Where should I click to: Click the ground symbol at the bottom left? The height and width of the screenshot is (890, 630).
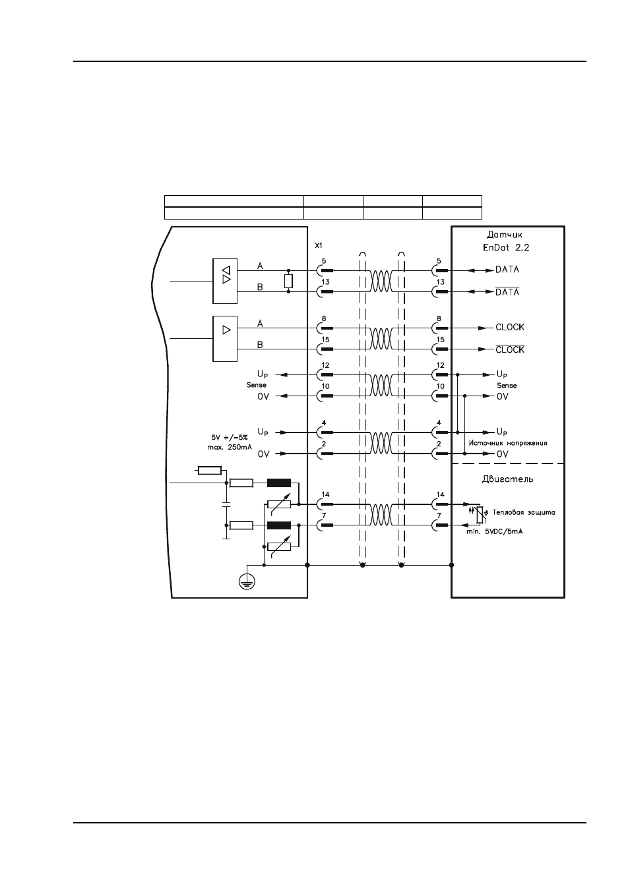pyautogui.click(x=247, y=583)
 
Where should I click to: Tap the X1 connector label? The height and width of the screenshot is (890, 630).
pyautogui.click(x=319, y=245)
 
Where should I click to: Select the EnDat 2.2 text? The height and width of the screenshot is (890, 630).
pyautogui.click(x=506, y=247)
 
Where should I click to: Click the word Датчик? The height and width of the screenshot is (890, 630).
pyautogui.click(x=505, y=235)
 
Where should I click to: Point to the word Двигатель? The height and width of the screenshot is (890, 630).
pyautogui.click(x=507, y=479)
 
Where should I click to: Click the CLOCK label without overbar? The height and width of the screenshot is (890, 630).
pyautogui.click(x=510, y=327)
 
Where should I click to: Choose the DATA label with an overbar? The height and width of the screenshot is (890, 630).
pyautogui.click(x=507, y=291)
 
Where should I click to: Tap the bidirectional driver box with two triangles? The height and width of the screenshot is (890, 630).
pyautogui.click(x=225, y=281)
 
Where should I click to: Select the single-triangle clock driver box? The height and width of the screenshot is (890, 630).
pyautogui.click(x=225, y=338)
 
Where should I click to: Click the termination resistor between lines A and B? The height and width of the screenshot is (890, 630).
pyautogui.click(x=288, y=281)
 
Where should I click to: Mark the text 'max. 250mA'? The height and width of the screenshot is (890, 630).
pyautogui.click(x=230, y=447)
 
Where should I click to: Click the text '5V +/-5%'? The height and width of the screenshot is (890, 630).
pyautogui.click(x=230, y=437)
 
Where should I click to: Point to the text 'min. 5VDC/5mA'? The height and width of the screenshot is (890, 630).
pyautogui.click(x=495, y=531)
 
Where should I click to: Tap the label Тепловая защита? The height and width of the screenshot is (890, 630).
pyautogui.click(x=524, y=512)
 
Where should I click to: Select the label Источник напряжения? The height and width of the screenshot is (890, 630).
pyautogui.click(x=508, y=442)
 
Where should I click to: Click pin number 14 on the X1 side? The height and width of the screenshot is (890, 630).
pyautogui.click(x=325, y=494)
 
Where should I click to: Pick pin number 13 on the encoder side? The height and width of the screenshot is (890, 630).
pyautogui.click(x=441, y=282)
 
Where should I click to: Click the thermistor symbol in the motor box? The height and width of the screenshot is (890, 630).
pyautogui.click(x=480, y=514)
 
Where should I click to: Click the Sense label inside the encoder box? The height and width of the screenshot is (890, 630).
pyautogui.click(x=507, y=386)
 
